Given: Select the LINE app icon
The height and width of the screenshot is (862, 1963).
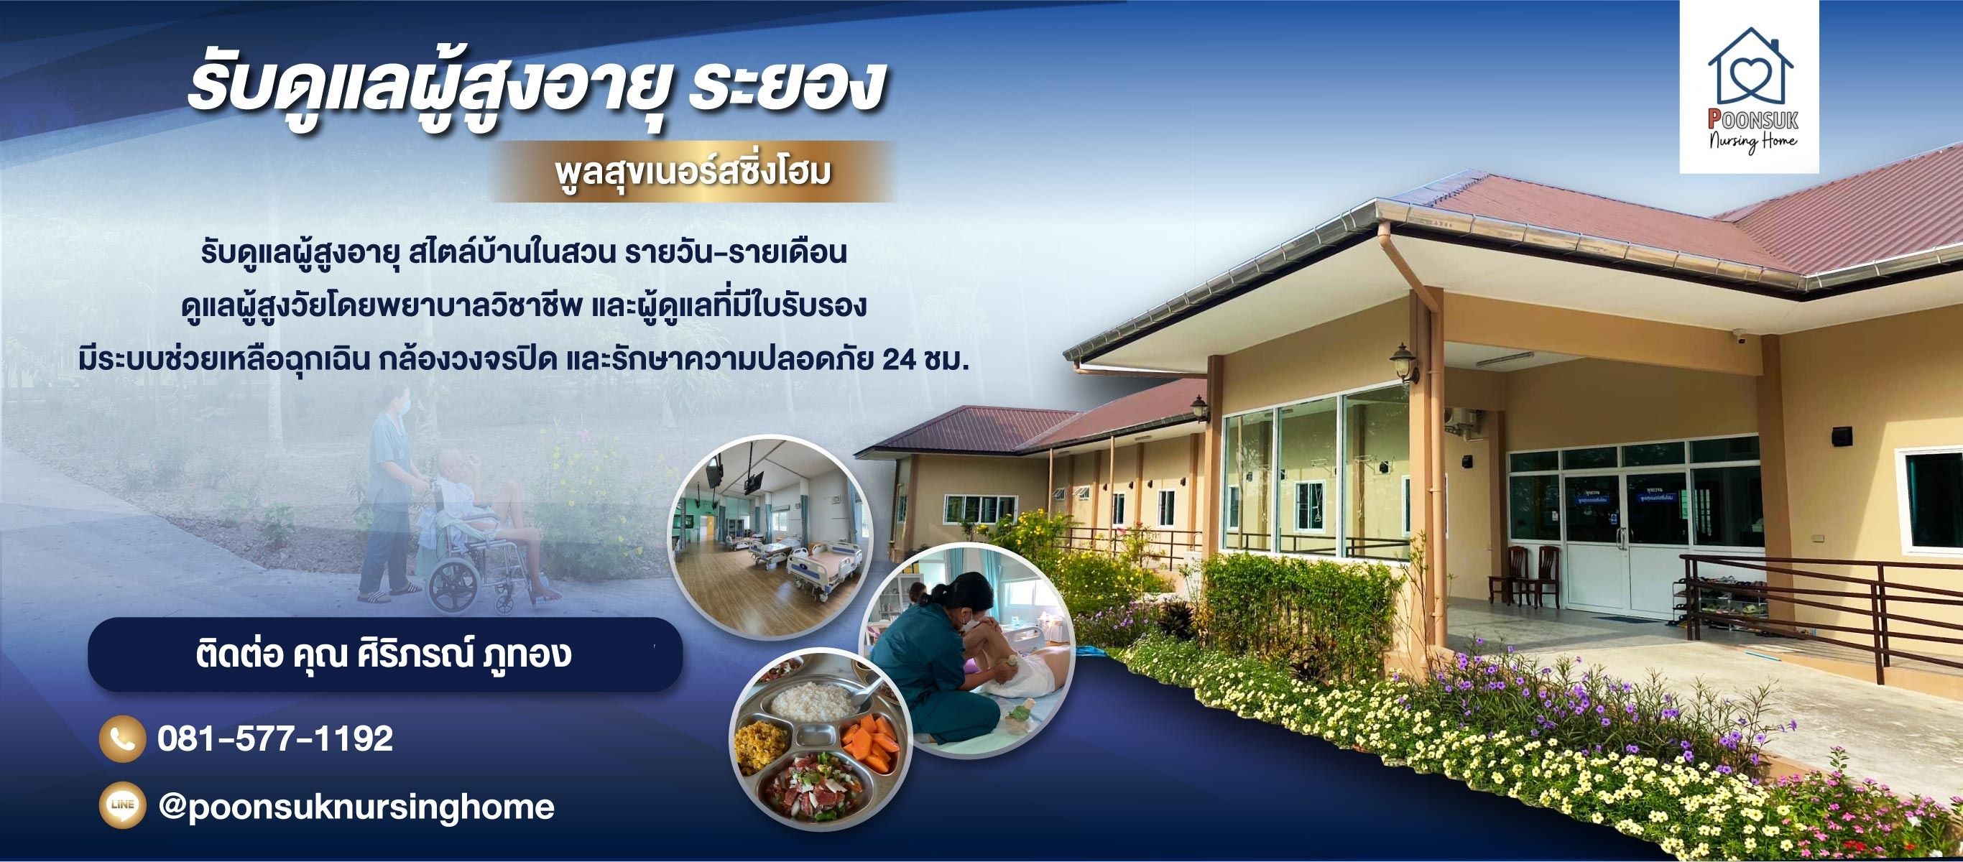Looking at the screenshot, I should (122, 805).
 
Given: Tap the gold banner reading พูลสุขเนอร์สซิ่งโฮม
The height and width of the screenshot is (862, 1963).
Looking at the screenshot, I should (693, 172).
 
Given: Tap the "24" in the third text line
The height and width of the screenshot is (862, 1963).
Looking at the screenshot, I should (898, 360).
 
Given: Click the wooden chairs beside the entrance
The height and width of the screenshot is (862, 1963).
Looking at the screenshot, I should (1524, 575).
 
